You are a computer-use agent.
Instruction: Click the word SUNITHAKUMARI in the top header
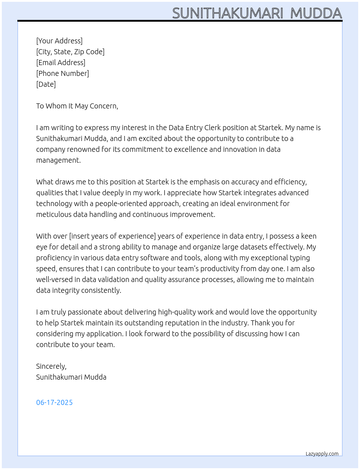(x=227, y=13)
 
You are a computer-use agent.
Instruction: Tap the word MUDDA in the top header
(x=316, y=13)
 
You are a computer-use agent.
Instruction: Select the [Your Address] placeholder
(x=59, y=41)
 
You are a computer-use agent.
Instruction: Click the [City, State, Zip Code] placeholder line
(x=70, y=52)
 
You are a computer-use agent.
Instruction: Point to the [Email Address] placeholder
(x=61, y=63)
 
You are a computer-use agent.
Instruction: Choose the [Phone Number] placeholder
(x=63, y=73)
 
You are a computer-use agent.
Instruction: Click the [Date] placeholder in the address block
(x=46, y=84)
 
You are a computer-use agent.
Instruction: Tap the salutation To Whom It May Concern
(x=77, y=106)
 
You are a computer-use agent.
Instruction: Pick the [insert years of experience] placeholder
(x=112, y=236)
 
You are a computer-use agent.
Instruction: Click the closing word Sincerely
(x=51, y=366)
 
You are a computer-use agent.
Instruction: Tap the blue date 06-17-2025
(x=54, y=402)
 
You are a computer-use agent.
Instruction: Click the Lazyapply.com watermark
(x=322, y=454)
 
